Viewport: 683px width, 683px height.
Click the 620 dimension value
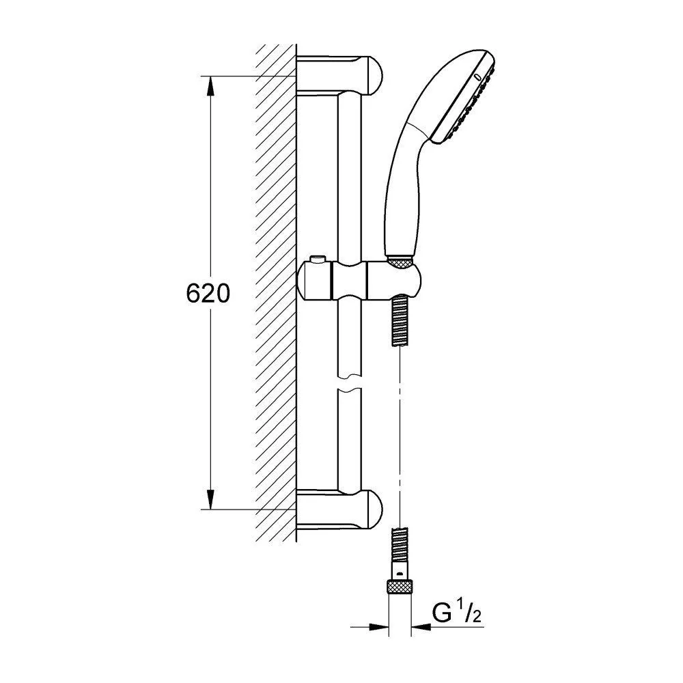208,293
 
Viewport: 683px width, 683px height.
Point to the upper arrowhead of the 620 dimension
210,86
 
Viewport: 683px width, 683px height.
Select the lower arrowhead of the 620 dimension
210,499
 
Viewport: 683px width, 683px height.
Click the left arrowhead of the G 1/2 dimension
378,627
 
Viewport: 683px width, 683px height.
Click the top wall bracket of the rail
339,74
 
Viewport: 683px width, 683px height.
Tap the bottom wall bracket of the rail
339,509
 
